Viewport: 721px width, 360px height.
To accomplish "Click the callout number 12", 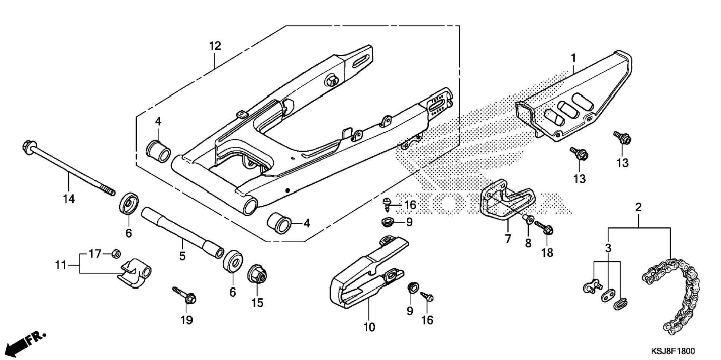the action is coord(215,46).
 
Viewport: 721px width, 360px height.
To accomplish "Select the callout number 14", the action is coord(69,199).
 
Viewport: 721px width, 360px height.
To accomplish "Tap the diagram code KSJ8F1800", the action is coord(673,351).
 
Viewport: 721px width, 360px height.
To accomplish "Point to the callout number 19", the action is coord(187,320).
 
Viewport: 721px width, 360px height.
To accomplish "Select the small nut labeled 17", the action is coord(116,254).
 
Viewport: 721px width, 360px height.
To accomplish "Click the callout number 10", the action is coord(369,328).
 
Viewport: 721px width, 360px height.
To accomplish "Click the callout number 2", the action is coord(638,207).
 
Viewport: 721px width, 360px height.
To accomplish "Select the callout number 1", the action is coord(573,58).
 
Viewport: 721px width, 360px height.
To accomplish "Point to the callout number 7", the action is coord(508,239).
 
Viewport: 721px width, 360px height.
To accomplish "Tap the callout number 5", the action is coord(182,256).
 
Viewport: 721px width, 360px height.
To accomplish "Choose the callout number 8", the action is coord(528,243).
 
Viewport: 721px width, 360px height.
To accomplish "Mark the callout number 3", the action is coord(608,248).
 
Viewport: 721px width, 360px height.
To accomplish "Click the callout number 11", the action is coord(61,265).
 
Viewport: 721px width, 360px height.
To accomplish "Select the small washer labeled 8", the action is coord(529,218).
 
